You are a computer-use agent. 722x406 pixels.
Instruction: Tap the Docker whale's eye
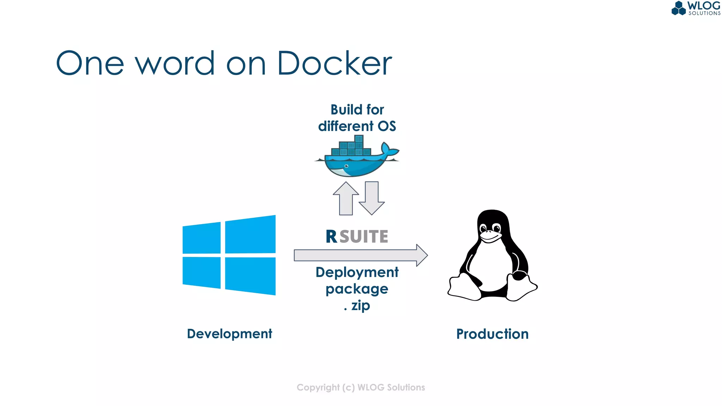347,166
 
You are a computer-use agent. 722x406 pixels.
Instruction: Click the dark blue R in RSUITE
331,236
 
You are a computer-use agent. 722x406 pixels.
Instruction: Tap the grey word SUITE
364,236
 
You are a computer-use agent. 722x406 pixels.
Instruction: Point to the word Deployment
357,272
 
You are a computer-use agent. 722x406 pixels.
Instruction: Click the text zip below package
360,305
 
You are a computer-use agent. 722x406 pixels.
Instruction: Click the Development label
229,334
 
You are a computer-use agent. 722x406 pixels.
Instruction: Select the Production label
492,334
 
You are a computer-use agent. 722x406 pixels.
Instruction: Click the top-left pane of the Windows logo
202,238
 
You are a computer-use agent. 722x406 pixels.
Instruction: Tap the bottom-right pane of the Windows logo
250,276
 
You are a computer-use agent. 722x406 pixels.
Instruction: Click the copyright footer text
361,387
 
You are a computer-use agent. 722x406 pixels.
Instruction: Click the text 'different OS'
357,126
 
